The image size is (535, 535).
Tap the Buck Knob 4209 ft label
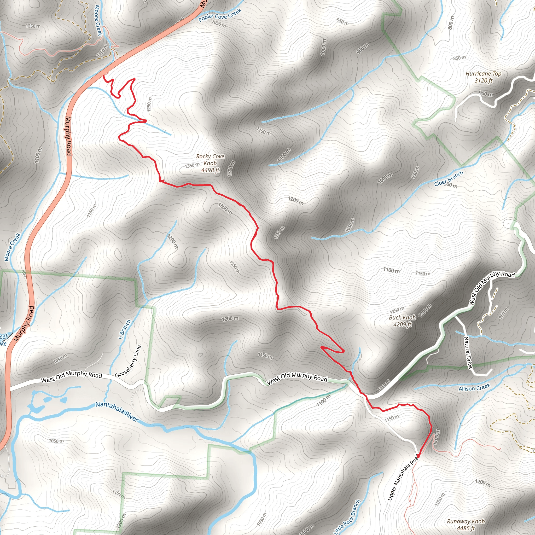pos(402,321)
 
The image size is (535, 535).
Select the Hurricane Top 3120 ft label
pos(484,77)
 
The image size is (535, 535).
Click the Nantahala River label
pos(117,411)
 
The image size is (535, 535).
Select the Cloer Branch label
pos(449,179)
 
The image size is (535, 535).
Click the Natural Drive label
pos(468,352)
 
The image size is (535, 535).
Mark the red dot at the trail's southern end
pos(418,456)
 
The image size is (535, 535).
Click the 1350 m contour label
pos(192,166)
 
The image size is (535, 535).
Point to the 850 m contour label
pos(460,58)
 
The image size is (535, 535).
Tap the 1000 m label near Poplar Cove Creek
pos(323,47)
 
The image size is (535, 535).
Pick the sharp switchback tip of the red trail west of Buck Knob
pos(321,346)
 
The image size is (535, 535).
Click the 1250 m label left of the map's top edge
pos(33,26)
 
